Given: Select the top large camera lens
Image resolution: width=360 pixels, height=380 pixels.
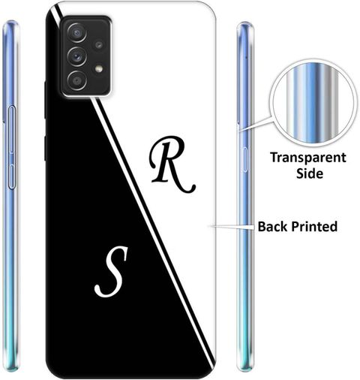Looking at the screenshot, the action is pos(76,32).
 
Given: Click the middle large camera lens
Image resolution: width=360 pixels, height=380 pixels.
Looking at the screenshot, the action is pos(76,57).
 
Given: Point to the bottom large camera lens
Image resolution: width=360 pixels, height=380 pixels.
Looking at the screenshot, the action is pos(76,80).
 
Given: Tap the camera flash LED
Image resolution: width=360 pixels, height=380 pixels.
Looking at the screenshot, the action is pos(99,68).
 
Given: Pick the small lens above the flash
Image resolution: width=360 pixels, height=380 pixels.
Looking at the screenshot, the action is pos(99,45).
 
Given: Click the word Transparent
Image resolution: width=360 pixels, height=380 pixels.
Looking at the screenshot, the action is pos(308,158).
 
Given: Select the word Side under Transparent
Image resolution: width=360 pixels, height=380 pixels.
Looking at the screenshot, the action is pos(310,173).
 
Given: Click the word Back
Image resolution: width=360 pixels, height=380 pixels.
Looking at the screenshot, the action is pos(273,226).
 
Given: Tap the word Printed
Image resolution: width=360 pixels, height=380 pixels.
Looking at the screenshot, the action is pos(314,227).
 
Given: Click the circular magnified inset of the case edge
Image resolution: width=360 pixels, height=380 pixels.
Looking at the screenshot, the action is pos(313,103).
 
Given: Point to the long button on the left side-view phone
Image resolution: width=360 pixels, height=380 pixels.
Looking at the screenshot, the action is pos(12,129).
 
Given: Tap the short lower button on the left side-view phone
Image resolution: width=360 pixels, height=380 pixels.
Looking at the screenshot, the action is pos(12,176).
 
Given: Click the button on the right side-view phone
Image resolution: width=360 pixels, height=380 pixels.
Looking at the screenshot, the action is pos(244,159).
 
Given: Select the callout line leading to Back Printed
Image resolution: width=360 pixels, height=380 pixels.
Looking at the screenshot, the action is pos(232,227).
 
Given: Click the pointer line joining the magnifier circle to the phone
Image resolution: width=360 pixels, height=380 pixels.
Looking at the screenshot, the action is pos(256,124).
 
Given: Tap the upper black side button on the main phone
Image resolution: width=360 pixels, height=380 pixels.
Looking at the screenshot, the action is pos(45,100).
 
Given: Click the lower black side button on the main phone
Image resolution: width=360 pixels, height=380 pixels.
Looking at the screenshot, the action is pos(45,148).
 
